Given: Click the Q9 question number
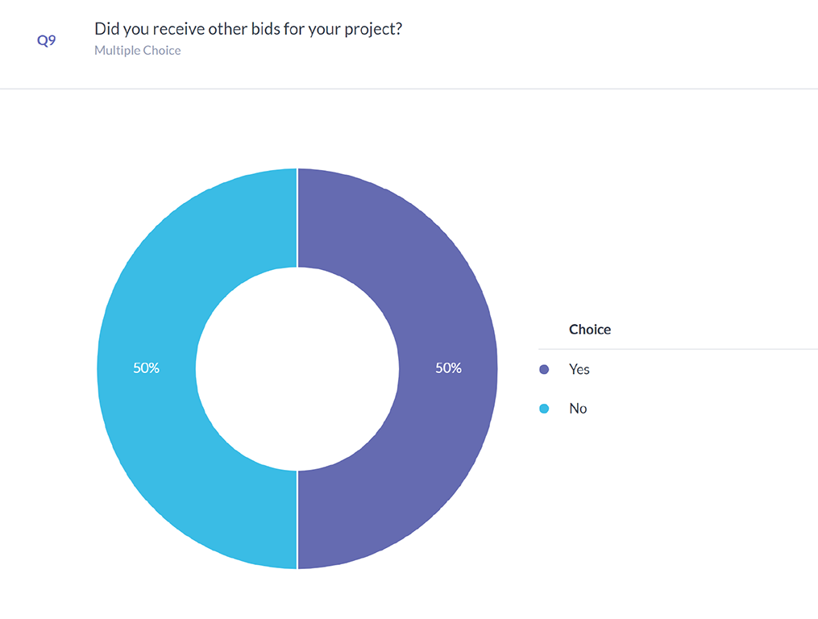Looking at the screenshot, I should (47, 40).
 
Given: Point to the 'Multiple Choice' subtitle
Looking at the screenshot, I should (138, 51).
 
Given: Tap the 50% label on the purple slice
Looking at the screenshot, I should (448, 368).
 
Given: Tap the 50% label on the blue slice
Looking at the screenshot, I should (146, 368).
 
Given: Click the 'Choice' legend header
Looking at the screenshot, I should (590, 330).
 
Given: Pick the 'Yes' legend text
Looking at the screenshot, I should (579, 369).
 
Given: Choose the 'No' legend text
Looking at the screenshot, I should (578, 409).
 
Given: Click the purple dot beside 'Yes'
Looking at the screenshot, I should (544, 369).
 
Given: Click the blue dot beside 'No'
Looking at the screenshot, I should (544, 409).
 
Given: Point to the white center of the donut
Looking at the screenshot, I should (297, 368).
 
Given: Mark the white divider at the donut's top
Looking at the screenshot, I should (297, 218).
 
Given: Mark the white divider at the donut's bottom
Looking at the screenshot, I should (297, 520).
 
